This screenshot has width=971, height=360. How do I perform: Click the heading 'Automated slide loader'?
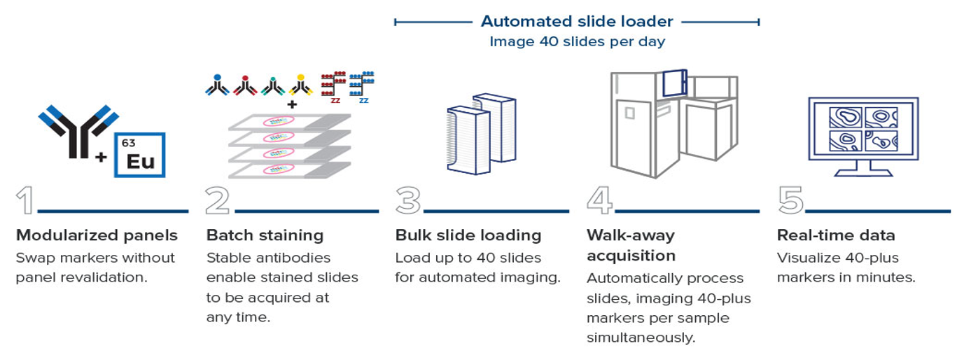point(577,21)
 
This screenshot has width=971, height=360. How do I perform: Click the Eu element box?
point(139,155)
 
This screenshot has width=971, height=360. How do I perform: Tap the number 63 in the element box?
point(128,143)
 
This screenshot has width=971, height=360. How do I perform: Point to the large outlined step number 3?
point(408,200)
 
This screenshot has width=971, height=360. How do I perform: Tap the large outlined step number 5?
point(790,200)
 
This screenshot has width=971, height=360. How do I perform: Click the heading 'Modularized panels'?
point(97,235)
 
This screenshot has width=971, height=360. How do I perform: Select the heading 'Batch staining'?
point(265,235)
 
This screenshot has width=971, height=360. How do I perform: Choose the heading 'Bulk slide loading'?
point(468,235)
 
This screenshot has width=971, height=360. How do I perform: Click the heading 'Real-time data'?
point(836,235)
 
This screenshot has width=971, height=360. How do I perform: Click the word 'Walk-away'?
point(631,235)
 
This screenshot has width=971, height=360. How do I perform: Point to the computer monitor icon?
point(863,137)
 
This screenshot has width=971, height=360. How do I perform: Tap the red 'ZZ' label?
point(335,101)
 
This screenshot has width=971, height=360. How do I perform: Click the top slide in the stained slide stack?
point(290,122)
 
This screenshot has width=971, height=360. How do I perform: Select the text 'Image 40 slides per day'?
point(577,41)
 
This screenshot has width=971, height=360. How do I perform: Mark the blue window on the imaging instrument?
point(674,83)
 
